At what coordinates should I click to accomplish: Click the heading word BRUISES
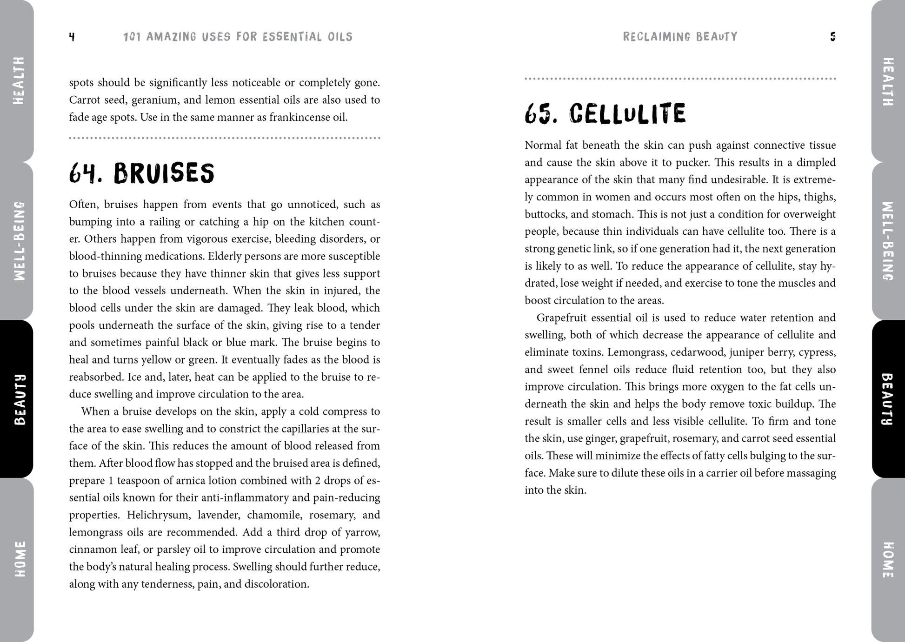[164, 173]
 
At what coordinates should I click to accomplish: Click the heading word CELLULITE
[627, 114]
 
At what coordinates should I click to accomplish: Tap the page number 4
[72, 37]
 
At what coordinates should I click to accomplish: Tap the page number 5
[832, 37]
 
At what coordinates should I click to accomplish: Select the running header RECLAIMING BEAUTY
[680, 37]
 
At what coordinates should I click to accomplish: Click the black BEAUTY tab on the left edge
[19, 399]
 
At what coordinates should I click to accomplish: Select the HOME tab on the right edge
[887, 560]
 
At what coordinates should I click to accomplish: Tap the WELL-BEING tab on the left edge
[19, 241]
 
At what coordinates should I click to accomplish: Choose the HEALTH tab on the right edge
[887, 81]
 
